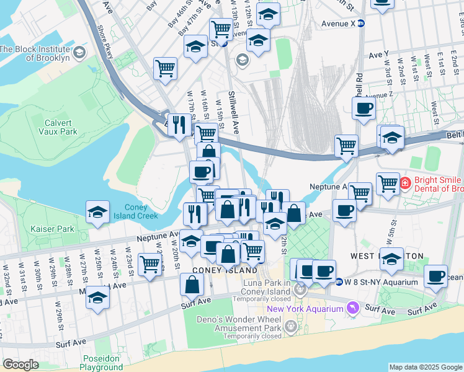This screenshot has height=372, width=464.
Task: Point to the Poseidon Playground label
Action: coord(101,363)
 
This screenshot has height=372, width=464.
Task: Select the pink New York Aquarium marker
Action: coord(353,308)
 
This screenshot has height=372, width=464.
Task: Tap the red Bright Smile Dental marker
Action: coord(405,183)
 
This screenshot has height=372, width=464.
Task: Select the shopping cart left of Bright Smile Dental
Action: coord(388,183)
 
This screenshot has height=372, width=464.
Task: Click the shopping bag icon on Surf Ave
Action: coord(192,285)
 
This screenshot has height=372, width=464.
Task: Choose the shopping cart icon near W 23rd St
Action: coord(149,263)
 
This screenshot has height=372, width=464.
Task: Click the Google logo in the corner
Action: coord(20,365)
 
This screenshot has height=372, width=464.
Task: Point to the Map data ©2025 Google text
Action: coord(426,367)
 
